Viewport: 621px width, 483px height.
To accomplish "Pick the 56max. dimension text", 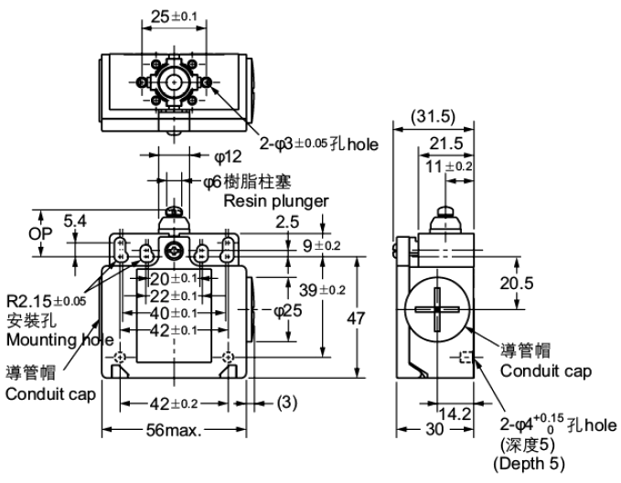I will [x=172, y=430].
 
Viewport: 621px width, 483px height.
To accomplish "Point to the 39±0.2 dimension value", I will [x=322, y=290].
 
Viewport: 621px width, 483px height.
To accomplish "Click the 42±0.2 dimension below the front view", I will [x=172, y=402].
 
